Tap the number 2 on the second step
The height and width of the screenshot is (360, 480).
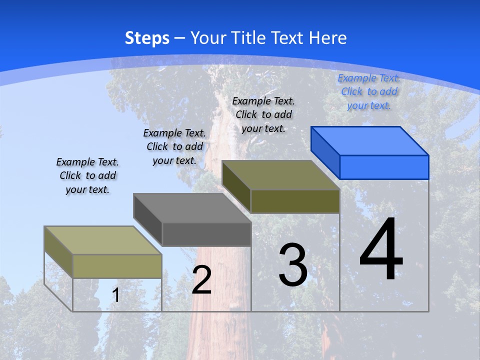coord(201,280)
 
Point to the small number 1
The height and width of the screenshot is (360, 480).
coord(116,295)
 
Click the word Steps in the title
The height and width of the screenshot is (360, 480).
coord(147,38)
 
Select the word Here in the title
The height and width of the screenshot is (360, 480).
coord(327,38)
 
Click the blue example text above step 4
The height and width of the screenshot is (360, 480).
coord(369,91)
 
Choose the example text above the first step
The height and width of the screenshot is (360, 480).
coord(87,175)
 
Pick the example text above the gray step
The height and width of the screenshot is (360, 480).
coord(174,146)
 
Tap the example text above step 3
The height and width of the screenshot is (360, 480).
coord(263,114)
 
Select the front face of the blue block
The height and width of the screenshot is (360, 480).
coord(384,167)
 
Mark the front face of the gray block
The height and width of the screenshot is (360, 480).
coord(206,234)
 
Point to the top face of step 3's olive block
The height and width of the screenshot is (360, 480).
coord(280,175)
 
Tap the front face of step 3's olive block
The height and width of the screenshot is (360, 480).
coord(295,201)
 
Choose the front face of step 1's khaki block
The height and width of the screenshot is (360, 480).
coord(117,266)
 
